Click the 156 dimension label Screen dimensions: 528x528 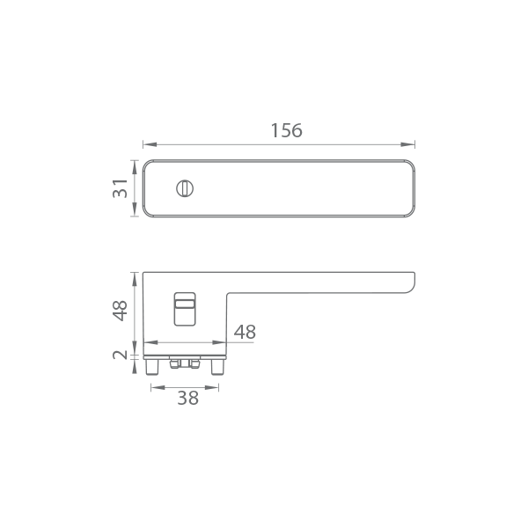click(287, 130)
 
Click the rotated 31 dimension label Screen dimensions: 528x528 click(120, 188)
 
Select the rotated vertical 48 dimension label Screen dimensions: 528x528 click(120, 311)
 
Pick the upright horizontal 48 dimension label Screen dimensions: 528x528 click(245, 332)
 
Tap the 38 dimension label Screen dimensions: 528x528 click(188, 398)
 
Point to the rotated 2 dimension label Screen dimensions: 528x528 click(120, 355)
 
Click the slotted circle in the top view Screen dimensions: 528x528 click(185, 188)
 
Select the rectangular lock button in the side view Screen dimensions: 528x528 click(185, 309)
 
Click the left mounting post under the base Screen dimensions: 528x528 click(152, 367)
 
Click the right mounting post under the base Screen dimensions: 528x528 click(217, 367)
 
